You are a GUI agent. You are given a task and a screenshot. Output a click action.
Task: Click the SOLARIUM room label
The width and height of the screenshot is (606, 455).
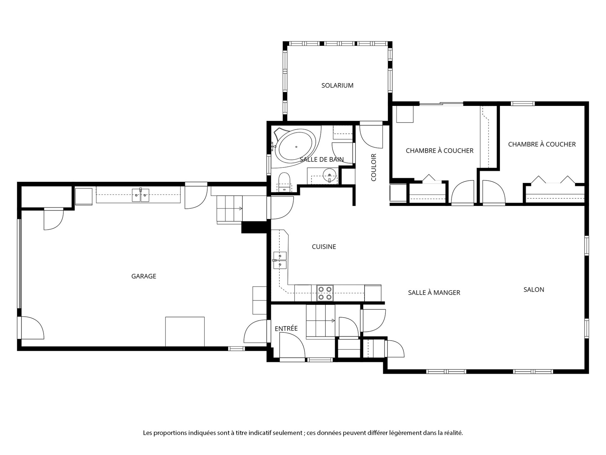[x=337, y=85]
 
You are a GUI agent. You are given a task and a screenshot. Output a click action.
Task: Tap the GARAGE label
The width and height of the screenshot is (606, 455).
[x=144, y=276]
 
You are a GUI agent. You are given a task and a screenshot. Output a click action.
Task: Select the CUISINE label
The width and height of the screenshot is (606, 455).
[x=324, y=246]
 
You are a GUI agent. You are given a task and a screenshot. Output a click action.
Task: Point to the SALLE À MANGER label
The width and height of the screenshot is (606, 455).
[x=434, y=293]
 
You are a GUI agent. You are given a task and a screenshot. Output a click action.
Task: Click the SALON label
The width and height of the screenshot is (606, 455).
[x=534, y=289]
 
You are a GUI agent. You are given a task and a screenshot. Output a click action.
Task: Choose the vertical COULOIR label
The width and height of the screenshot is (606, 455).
[x=374, y=167]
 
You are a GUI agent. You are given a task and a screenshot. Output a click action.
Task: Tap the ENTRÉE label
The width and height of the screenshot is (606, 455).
[x=286, y=328]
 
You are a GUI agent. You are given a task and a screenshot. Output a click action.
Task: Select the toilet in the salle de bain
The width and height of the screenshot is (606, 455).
[x=284, y=182]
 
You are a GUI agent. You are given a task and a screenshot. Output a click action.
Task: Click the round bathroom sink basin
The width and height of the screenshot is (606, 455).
[x=330, y=174]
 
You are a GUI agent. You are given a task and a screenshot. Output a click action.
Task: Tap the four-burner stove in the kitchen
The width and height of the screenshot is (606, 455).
[x=325, y=293]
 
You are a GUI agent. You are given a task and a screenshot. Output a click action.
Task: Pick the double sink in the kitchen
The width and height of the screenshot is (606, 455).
[x=280, y=260]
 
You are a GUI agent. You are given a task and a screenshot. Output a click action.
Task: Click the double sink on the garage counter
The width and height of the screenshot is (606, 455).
[x=140, y=195]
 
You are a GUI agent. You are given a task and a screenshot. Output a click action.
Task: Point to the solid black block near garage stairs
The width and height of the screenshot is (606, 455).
[x=254, y=227]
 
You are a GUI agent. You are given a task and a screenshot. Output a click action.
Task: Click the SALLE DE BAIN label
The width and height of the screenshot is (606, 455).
[x=322, y=160]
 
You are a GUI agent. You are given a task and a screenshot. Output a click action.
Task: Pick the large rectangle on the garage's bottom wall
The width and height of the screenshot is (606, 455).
[x=185, y=331]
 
